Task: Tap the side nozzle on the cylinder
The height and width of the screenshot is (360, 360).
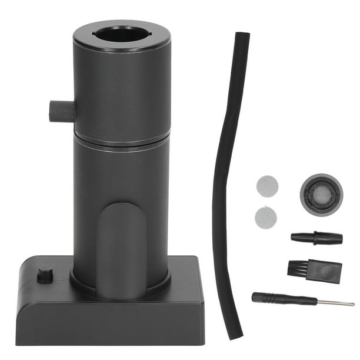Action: tap(61, 111)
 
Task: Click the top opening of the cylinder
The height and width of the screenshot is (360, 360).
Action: tap(121, 34)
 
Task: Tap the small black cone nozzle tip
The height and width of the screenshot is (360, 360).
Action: tap(316, 238)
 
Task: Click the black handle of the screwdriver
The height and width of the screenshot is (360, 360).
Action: tap(276, 298)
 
